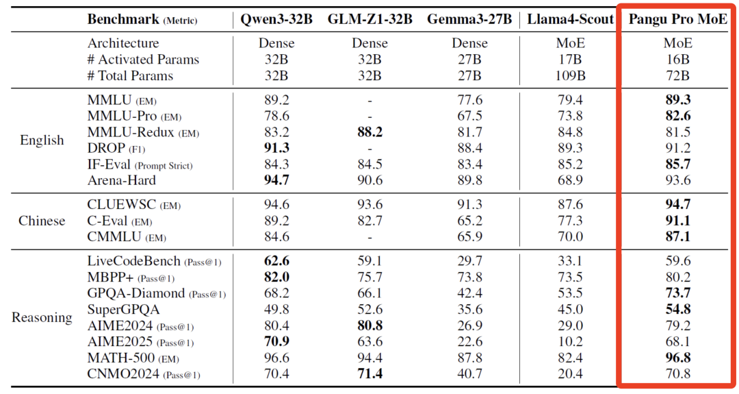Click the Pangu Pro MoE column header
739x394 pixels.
pos(677,19)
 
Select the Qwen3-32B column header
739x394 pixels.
pos(276,19)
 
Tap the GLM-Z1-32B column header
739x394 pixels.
pos(370,19)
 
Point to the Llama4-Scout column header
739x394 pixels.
pos(570,19)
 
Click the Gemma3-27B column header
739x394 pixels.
pos(469,19)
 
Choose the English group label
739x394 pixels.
pos(42,140)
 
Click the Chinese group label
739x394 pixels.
pos(42,221)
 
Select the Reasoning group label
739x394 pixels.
pos(42,317)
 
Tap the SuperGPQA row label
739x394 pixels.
pos(123,310)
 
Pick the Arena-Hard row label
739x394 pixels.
pos(122,180)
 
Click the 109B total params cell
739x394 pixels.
pos(570,75)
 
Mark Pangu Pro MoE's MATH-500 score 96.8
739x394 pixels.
pos(678,358)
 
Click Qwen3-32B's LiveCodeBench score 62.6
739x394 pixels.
pos(276,261)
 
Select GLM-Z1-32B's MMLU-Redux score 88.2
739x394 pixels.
pos(370,132)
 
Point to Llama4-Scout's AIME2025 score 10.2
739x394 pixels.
pos(570,342)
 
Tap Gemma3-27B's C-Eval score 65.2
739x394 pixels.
pos(470,221)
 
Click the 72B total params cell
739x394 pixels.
pos(678,75)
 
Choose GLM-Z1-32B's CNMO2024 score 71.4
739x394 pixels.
pos(370,373)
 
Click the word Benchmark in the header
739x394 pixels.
pos(123,19)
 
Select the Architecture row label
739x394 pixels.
pos(123,43)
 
